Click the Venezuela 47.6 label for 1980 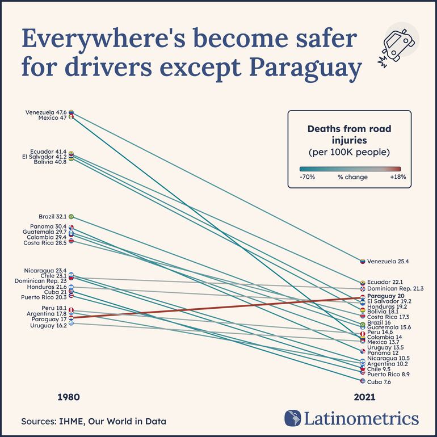(x=46, y=112)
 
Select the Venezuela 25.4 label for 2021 (x=388, y=262)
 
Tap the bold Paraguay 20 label (x=385, y=296)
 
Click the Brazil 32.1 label (x=53, y=217)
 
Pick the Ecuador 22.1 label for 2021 (x=385, y=282)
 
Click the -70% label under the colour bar (x=307, y=177)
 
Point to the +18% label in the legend (x=397, y=177)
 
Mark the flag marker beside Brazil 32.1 (x=71, y=217)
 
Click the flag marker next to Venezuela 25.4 (x=362, y=261)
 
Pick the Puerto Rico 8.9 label (x=388, y=375)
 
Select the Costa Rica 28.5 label (x=45, y=243)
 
